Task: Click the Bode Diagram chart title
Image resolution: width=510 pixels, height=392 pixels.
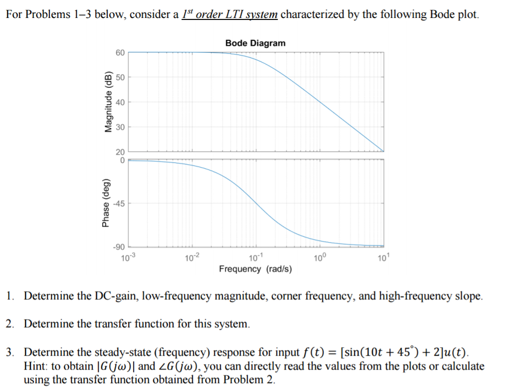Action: point(255,43)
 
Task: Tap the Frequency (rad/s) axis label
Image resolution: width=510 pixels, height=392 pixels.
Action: point(256,269)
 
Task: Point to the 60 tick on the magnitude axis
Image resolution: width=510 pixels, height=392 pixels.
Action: point(120,52)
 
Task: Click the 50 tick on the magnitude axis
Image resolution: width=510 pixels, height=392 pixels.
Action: point(120,77)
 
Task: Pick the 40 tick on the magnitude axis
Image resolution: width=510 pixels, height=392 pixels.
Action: point(120,102)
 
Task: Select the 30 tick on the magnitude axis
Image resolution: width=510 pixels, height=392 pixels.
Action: point(120,127)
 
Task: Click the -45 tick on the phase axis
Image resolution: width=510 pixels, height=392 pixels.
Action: point(119,203)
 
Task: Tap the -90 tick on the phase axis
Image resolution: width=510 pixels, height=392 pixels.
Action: point(119,246)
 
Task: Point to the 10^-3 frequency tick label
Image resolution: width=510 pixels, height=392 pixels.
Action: point(128,257)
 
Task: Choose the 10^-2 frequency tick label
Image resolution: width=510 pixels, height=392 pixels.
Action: point(192,257)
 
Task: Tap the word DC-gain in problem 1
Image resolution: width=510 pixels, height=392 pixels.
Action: point(119,296)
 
